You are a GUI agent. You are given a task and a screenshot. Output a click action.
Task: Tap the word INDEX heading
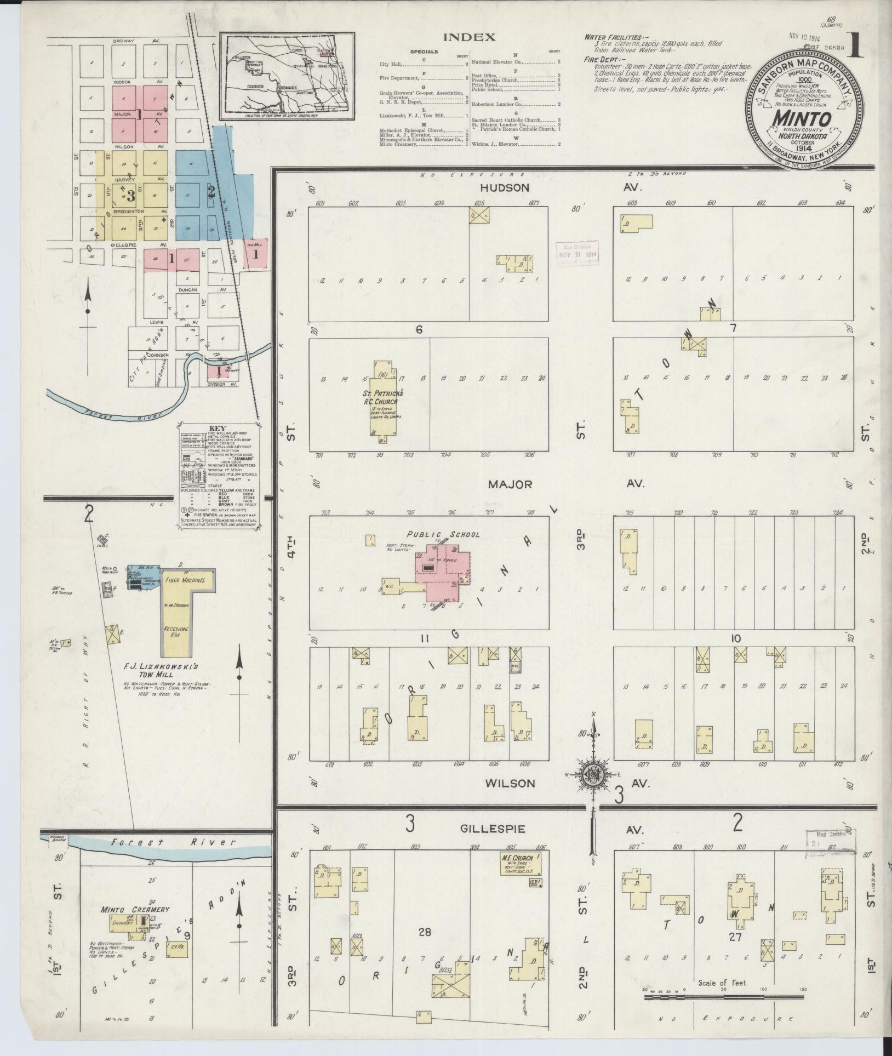coord(469,38)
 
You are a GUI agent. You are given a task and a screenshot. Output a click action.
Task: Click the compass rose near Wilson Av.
coord(592,775)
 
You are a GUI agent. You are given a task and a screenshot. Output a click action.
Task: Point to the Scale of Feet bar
coord(723,814)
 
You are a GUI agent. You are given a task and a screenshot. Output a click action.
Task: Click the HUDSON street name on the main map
coord(505,187)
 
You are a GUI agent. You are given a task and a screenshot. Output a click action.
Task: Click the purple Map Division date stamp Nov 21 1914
coord(577,254)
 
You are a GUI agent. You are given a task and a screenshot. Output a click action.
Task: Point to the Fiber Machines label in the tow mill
coord(185,580)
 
